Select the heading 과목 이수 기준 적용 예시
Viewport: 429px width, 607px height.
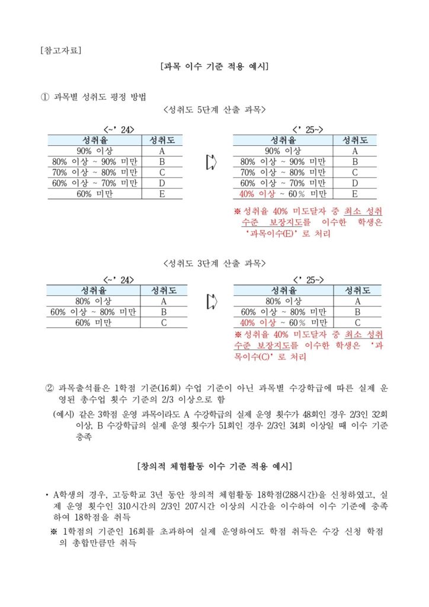click(x=214, y=66)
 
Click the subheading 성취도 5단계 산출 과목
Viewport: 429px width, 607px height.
click(x=214, y=110)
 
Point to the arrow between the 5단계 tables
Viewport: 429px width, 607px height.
click(x=210, y=162)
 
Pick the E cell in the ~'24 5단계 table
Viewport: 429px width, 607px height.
click(x=162, y=194)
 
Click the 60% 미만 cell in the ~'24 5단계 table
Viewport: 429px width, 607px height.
click(x=95, y=194)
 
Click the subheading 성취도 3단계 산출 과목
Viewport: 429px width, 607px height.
click(x=214, y=263)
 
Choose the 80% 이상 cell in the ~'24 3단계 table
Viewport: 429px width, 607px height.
click(x=94, y=301)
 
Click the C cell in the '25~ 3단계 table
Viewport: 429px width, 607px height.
click(x=357, y=322)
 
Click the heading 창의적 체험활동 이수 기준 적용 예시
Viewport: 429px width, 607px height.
click(x=214, y=465)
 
